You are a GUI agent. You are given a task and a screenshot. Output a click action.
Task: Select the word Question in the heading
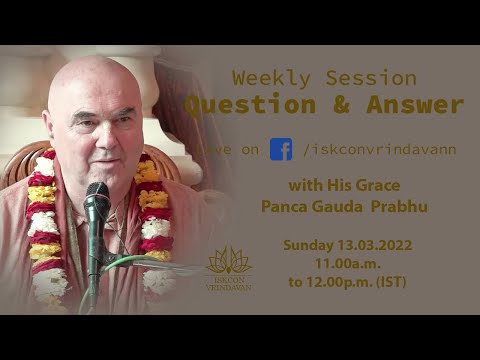click(241, 105)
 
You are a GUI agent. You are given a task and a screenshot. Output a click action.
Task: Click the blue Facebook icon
click(281, 149)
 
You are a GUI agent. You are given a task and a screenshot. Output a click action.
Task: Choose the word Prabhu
click(403, 206)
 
